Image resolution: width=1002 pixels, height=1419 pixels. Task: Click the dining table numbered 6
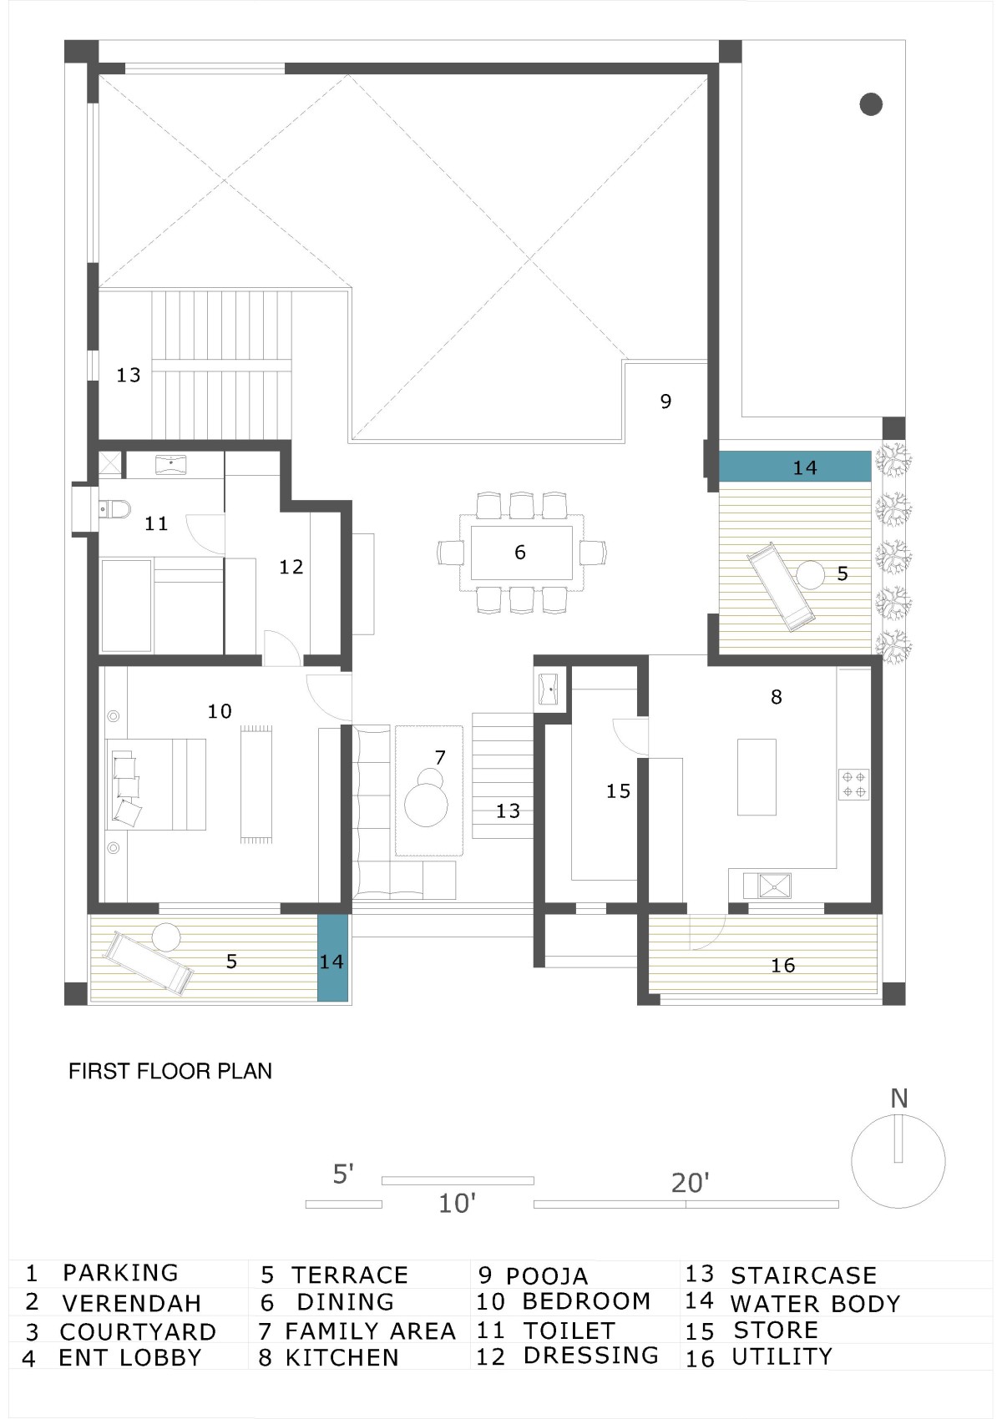[521, 553]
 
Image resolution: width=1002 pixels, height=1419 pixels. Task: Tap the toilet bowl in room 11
[114, 508]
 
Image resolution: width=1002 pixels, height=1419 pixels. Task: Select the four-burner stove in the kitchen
[853, 785]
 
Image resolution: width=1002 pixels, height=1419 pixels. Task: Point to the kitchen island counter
[757, 776]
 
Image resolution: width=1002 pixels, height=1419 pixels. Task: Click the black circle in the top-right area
[871, 104]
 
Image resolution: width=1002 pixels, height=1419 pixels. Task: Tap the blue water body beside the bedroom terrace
[332, 958]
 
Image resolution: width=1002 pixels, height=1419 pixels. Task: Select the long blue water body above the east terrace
[795, 467]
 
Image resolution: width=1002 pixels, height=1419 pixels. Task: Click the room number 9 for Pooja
[665, 401]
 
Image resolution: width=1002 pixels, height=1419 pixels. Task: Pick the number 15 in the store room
[619, 790]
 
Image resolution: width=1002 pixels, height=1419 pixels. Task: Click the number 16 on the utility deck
[782, 965]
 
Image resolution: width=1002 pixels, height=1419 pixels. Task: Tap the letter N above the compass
[898, 1098]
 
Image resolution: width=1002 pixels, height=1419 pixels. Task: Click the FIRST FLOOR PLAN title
[170, 1071]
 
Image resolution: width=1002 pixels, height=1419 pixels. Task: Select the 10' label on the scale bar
[457, 1203]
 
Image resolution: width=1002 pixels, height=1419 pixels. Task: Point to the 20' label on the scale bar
[690, 1183]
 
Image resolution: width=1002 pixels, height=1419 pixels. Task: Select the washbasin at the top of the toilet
[170, 464]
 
